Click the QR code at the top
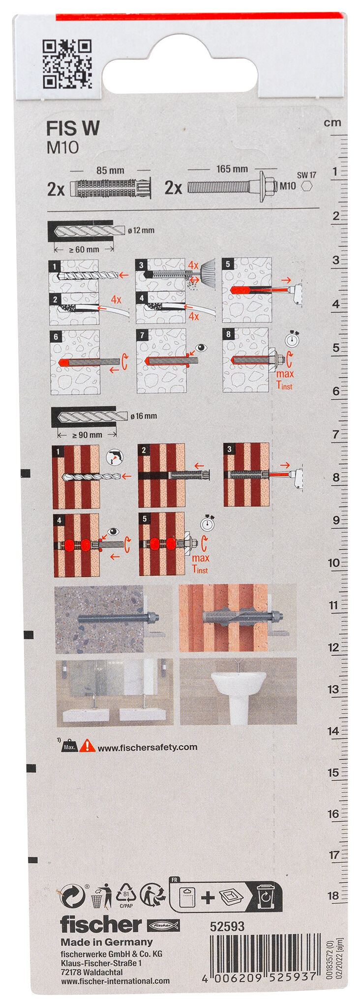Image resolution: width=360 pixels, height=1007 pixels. coord(67,64)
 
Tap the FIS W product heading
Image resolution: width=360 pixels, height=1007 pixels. coord(73,128)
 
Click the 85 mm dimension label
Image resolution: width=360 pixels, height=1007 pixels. coord(110,171)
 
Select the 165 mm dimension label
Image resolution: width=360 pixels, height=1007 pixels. coord(232,169)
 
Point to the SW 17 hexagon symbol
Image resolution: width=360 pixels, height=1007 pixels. coord(307,186)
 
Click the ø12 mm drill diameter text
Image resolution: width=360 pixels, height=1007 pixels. coord(141,230)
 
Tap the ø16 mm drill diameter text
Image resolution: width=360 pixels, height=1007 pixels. coord(144,416)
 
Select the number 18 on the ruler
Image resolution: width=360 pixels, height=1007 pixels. coord(333,895)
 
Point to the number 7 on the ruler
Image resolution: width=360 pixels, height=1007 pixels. coord(336,434)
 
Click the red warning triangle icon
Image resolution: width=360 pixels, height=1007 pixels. coord(88,745)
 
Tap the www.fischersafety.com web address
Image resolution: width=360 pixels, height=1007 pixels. coord(148,747)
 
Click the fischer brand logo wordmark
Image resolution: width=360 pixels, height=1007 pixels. coord(101,924)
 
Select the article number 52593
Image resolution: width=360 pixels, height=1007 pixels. coord(227,926)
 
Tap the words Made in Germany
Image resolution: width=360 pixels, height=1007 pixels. coord(106,942)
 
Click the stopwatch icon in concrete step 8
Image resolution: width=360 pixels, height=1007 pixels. coord(292,339)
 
